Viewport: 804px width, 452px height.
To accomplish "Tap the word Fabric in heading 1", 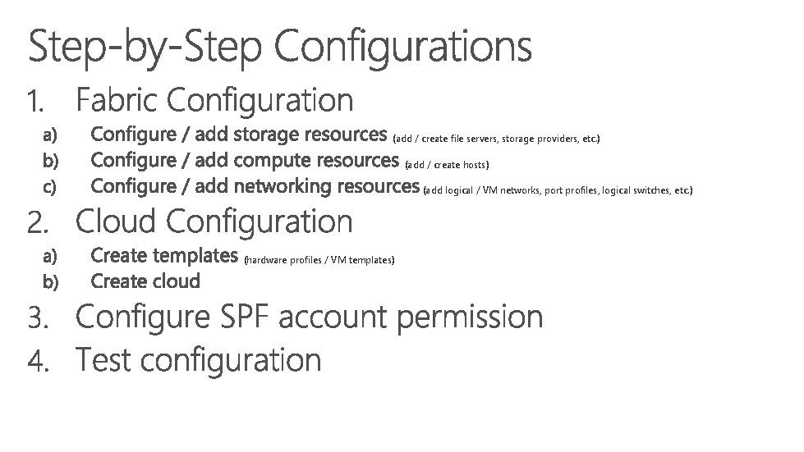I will [122, 101].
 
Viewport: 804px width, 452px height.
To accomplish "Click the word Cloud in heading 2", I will [121, 221].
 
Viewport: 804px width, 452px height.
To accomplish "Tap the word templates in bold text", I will [195, 255].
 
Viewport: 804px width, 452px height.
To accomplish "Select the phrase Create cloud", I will [145, 281].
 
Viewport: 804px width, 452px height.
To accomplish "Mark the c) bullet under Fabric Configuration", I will [50, 188].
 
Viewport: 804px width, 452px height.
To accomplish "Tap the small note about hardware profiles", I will [320, 260].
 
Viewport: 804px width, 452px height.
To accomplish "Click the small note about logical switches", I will [558, 191].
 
